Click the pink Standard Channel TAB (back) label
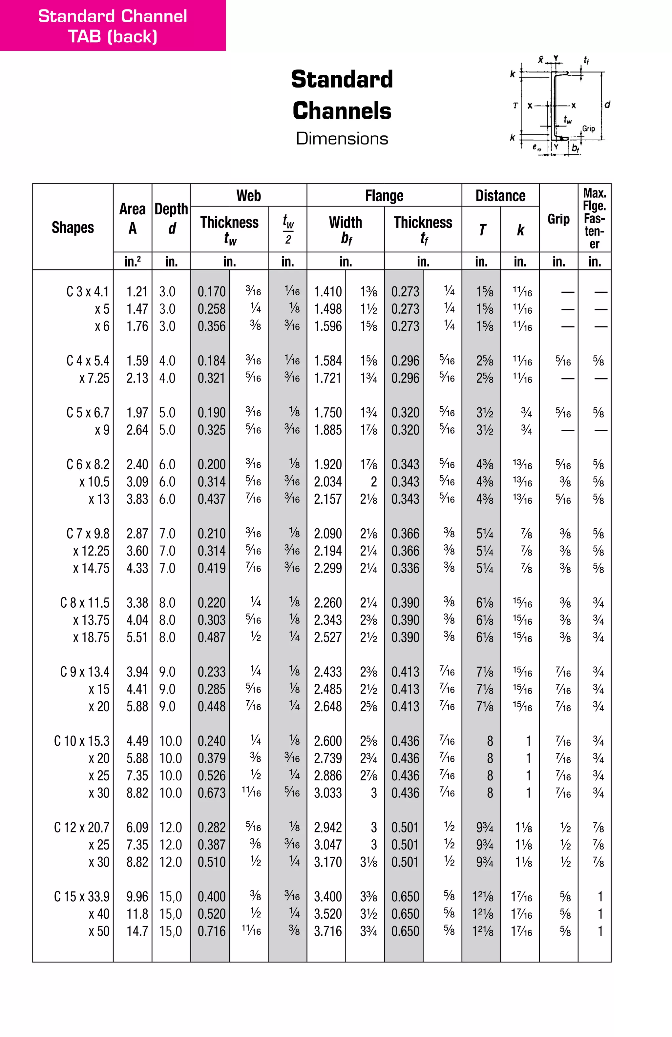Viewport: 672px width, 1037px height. (113, 26)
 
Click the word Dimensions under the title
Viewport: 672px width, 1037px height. (342, 139)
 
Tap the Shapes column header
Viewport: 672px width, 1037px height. (73, 227)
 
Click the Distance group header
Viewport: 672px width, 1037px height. (500, 196)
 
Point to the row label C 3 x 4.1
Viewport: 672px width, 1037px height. (87, 291)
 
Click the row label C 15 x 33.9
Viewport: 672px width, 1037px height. (82, 897)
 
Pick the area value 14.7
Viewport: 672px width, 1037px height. (137, 931)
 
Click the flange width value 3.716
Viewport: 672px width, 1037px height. (328, 931)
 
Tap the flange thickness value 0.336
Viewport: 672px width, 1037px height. (405, 568)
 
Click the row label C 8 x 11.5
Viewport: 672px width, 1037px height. (85, 603)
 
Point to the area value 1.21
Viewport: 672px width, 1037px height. (137, 291)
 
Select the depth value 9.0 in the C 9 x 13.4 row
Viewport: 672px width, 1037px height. (167, 672)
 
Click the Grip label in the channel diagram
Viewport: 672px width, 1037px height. (588, 128)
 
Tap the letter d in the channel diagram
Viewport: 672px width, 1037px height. (607, 105)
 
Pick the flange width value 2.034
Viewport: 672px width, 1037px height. (328, 482)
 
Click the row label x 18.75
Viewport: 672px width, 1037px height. (91, 637)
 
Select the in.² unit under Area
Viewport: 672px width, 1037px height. (133, 262)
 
